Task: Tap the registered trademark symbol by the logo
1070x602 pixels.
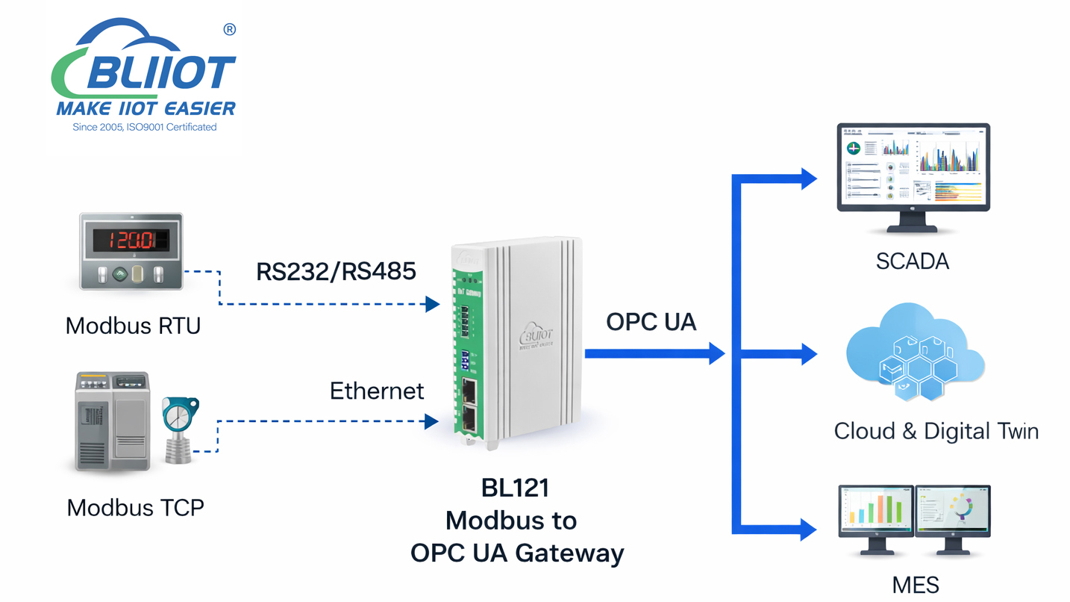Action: tap(229, 29)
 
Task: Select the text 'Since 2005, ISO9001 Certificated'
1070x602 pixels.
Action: tap(145, 128)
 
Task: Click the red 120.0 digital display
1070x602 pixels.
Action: tap(131, 240)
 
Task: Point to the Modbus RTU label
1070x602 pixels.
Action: tap(133, 326)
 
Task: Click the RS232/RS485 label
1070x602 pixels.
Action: tap(336, 271)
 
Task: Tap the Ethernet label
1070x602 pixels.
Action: tap(376, 391)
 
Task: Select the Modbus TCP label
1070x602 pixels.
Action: tap(135, 508)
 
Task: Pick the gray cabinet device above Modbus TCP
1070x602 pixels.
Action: tap(113, 421)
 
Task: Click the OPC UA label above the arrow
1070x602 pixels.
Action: tap(651, 322)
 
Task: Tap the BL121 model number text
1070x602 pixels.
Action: tap(516, 488)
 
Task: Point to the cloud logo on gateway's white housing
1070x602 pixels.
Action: tap(536, 334)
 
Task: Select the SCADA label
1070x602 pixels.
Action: tap(912, 261)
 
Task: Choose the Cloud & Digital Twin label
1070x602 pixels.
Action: tap(936, 431)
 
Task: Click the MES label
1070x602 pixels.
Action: tap(916, 584)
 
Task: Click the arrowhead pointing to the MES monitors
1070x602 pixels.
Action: tap(808, 529)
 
